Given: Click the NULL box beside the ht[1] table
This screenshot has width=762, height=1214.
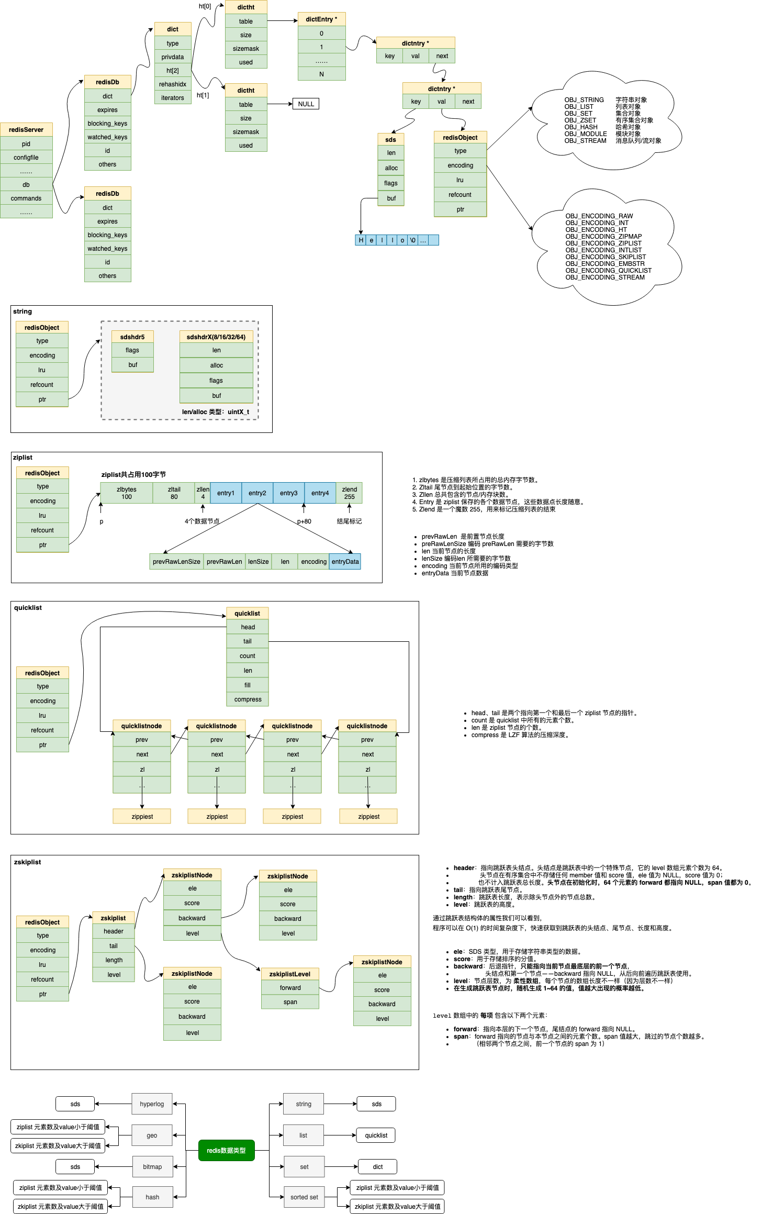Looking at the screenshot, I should (306, 104).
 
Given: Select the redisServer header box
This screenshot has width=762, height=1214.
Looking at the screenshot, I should (26, 130).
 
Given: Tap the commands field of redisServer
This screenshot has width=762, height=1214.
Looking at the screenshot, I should (26, 198).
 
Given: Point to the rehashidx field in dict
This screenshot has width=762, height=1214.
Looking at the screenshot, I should (173, 84).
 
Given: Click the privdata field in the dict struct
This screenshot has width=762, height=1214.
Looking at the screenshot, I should (173, 57).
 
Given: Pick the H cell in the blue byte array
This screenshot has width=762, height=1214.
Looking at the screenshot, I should (361, 240).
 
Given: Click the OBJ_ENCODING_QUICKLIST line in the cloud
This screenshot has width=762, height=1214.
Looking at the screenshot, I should (608, 271).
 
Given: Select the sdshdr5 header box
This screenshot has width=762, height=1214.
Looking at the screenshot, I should (132, 337).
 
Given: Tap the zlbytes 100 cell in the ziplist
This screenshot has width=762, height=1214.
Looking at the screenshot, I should (127, 493).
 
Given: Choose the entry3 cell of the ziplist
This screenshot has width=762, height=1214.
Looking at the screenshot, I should (288, 493).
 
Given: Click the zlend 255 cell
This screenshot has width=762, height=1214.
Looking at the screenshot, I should (349, 493).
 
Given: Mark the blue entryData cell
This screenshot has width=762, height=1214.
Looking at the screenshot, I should (345, 562).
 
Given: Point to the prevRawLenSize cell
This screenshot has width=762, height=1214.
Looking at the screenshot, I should (176, 562).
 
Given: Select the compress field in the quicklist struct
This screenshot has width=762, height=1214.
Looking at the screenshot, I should (248, 699).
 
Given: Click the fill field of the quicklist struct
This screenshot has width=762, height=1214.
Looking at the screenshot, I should (248, 685).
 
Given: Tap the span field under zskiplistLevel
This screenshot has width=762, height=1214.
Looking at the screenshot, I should (290, 1002).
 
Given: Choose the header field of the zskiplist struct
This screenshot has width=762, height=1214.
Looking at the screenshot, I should (114, 931).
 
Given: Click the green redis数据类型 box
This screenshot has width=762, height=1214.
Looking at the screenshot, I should (226, 1151).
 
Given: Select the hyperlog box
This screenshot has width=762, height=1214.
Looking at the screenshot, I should (152, 1104).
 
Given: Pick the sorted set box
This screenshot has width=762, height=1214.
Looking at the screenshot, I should (304, 1197).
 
